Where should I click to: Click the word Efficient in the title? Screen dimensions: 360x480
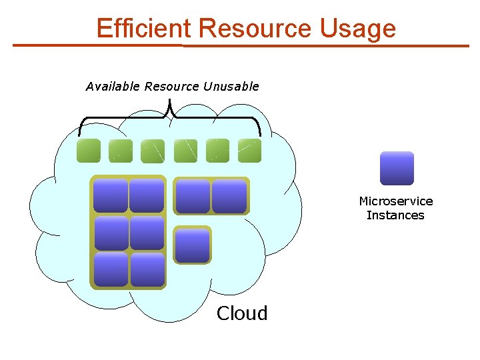click(143, 29)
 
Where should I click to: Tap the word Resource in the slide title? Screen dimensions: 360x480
click(255, 29)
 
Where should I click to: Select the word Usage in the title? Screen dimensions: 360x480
click(357, 29)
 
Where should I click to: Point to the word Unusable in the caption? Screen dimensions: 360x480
click(231, 86)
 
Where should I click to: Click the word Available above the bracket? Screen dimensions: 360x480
click(113, 86)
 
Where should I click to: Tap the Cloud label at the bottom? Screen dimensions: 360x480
click(242, 313)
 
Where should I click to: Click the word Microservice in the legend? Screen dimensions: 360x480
click(395, 201)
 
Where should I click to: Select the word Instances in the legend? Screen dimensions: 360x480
click(395, 215)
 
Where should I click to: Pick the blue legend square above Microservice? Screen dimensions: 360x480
click(397, 168)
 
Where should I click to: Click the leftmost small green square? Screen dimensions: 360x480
click(89, 151)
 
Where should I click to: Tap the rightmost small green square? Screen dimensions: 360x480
click(249, 151)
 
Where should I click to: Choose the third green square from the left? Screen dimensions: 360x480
click(153, 151)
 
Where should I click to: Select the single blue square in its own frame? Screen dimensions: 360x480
click(192, 245)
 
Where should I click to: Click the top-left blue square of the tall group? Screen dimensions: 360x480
click(111, 196)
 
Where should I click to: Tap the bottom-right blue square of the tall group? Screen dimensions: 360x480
click(147, 269)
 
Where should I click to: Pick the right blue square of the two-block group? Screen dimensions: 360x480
click(229, 196)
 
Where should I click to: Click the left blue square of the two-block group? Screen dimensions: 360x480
click(193, 196)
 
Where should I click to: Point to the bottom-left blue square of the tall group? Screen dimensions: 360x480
click(111, 269)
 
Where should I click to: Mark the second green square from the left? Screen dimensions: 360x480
click(121, 151)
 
